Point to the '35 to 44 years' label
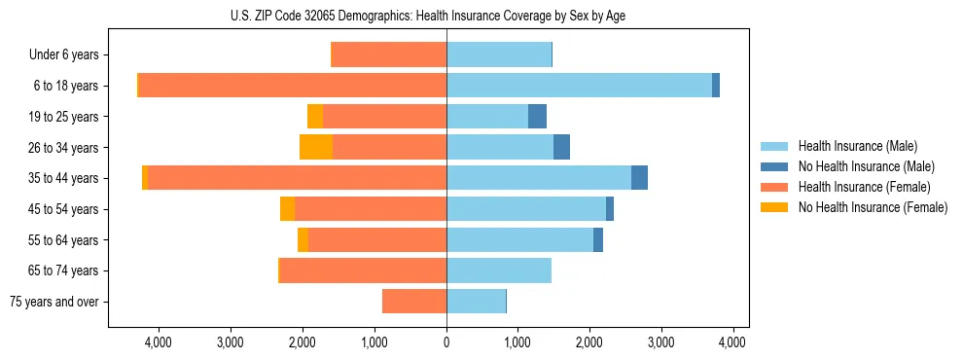[x=64, y=178]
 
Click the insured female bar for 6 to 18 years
[x=292, y=86]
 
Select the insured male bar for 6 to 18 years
[x=579, y=86]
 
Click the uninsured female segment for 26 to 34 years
[x=316, y=147]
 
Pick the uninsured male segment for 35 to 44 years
[x=639, y=178]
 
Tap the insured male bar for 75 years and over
[x=476, y=302]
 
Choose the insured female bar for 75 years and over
[x=414, y=302]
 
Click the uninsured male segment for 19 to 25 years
[x=537, y=117]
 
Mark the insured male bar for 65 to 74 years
[x=499, y=270]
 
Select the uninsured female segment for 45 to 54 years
[x=287, y=209]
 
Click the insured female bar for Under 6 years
[x=389, y=55]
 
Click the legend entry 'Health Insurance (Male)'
[x=857, y=146]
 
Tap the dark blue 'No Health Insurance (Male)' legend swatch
[x=775, y=166]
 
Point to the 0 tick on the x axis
[x=446, y=342]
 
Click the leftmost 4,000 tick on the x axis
[x=158, y=342]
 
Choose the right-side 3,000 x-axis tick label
[x=660, y=342]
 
